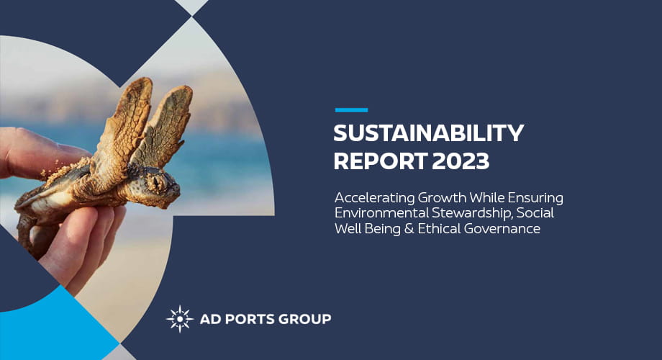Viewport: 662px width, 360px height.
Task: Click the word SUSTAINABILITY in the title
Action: tap(429, 134)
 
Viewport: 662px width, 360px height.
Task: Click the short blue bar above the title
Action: tap(351, 110)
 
